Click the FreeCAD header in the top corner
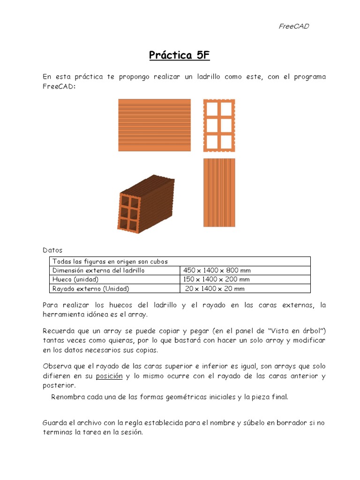294,26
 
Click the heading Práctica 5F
180,55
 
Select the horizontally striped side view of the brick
154,125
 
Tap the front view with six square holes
219,125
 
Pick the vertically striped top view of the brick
219,193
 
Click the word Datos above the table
52,250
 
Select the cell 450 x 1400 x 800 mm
217,270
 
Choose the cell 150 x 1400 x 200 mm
217,279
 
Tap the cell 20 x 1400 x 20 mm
215,289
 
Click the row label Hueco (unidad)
75,279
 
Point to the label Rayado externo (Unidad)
90,289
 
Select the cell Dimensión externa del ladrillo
98,270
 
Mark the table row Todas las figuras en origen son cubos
110,262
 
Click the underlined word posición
109,376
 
